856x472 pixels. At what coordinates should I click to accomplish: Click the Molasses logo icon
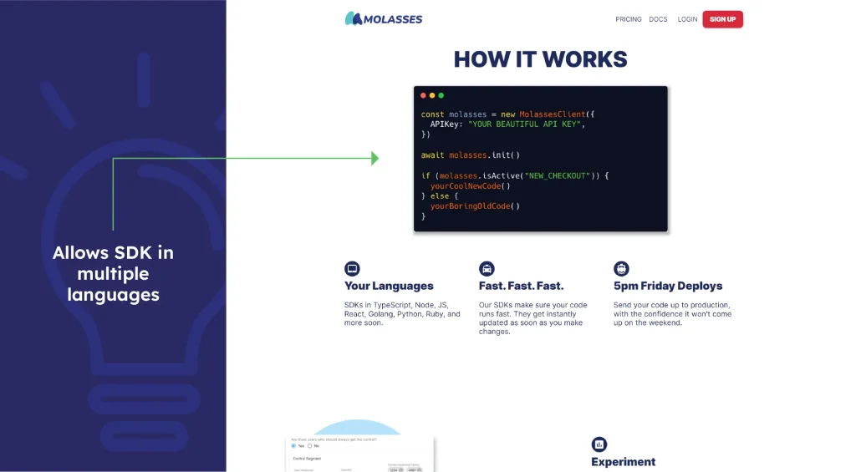(353, 18)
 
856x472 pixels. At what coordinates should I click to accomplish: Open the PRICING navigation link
(629, 19)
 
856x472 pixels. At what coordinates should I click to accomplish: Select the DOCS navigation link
(658, 19)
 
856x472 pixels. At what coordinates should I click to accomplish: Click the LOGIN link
(687, 19)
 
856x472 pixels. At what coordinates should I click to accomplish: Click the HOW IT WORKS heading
(540, 59)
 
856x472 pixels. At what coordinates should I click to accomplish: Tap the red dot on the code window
(423, 95)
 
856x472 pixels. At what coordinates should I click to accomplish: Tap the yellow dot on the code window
(432, 95)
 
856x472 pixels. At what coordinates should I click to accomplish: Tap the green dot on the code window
(441, 95)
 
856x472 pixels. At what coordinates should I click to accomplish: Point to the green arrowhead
(374, 158)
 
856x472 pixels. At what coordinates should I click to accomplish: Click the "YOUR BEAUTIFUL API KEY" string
(526, 124)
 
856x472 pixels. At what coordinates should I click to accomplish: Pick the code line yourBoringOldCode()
(475, 206)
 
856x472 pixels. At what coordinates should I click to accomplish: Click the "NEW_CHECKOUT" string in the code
(556, 175)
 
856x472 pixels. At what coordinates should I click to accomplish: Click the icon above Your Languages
(352, 269)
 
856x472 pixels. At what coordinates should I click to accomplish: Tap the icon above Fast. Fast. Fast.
(487, 269)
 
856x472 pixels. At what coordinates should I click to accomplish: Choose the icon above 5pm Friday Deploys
(621, 269)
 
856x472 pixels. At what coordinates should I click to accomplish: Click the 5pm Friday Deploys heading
(667, 286)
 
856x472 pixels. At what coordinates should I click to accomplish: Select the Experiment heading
(623, 462)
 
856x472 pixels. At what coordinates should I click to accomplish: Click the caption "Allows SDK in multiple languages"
(113, 273)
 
